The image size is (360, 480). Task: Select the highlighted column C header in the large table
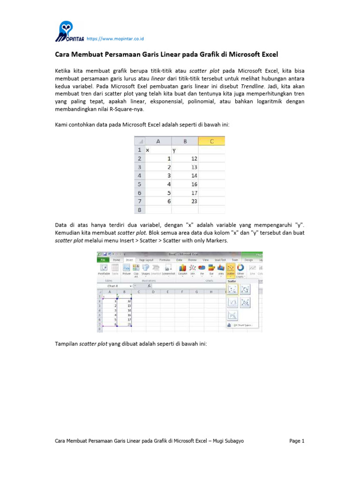[x=211, y=141]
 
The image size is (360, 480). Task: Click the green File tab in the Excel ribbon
[x=103, y=259]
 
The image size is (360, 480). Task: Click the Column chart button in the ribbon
[x=182, y=269]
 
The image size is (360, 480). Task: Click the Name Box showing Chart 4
[x=115, y=285]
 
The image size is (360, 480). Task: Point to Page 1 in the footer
[x=297, y=441]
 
